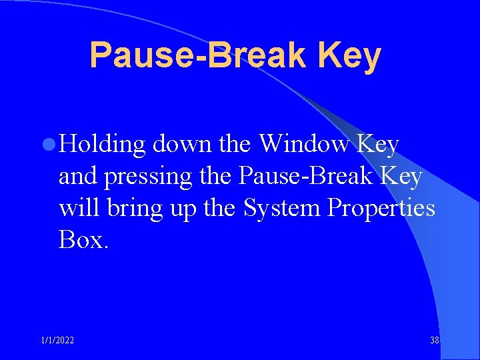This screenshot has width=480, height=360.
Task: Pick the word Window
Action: click(x=304, y=144)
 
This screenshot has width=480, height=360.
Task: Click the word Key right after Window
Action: click(x=378, y=144)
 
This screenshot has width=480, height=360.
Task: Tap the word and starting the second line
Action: click(x=76, y=177)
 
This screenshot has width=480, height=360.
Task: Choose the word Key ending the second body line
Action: click(x=402, y=177)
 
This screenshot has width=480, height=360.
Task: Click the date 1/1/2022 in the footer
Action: click(x=57, y=341)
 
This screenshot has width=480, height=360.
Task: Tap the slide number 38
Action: click(x=435, y=341)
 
